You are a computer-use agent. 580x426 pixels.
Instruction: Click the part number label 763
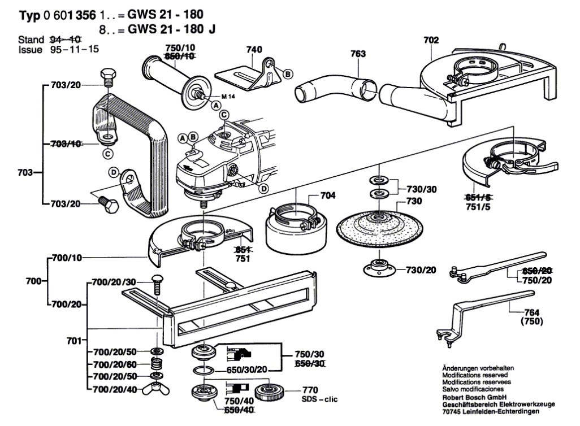pos(358,54)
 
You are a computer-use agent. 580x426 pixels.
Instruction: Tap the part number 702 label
pos(431,40)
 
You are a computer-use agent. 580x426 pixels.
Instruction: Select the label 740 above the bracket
pos(254,50)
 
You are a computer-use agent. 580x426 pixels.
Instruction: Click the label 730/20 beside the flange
pos(421,270)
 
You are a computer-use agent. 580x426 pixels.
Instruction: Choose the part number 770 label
pos(310,390)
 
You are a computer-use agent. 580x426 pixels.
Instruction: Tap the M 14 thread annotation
pos(228,98)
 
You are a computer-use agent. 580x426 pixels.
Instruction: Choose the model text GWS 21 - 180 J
pos(174,29)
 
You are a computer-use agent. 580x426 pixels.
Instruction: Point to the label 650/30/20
pos(246,370)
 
